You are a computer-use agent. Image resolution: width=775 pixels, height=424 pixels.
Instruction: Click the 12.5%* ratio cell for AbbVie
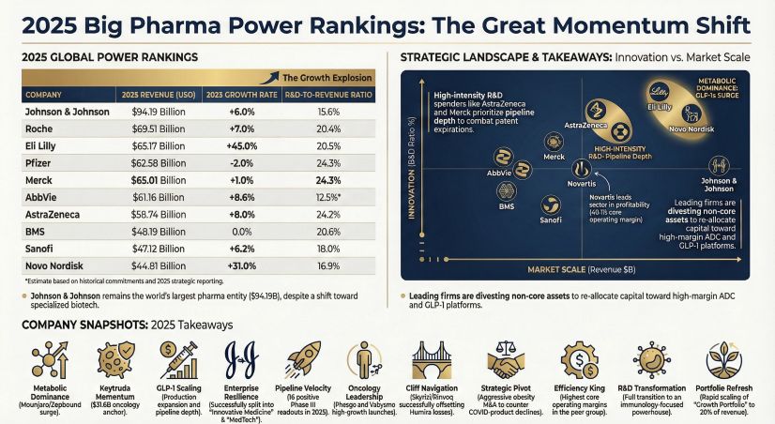(329, 196)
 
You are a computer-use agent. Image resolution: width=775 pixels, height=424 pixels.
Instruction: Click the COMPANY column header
(44, 95)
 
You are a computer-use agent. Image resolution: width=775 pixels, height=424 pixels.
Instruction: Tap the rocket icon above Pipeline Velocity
(301, 360)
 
